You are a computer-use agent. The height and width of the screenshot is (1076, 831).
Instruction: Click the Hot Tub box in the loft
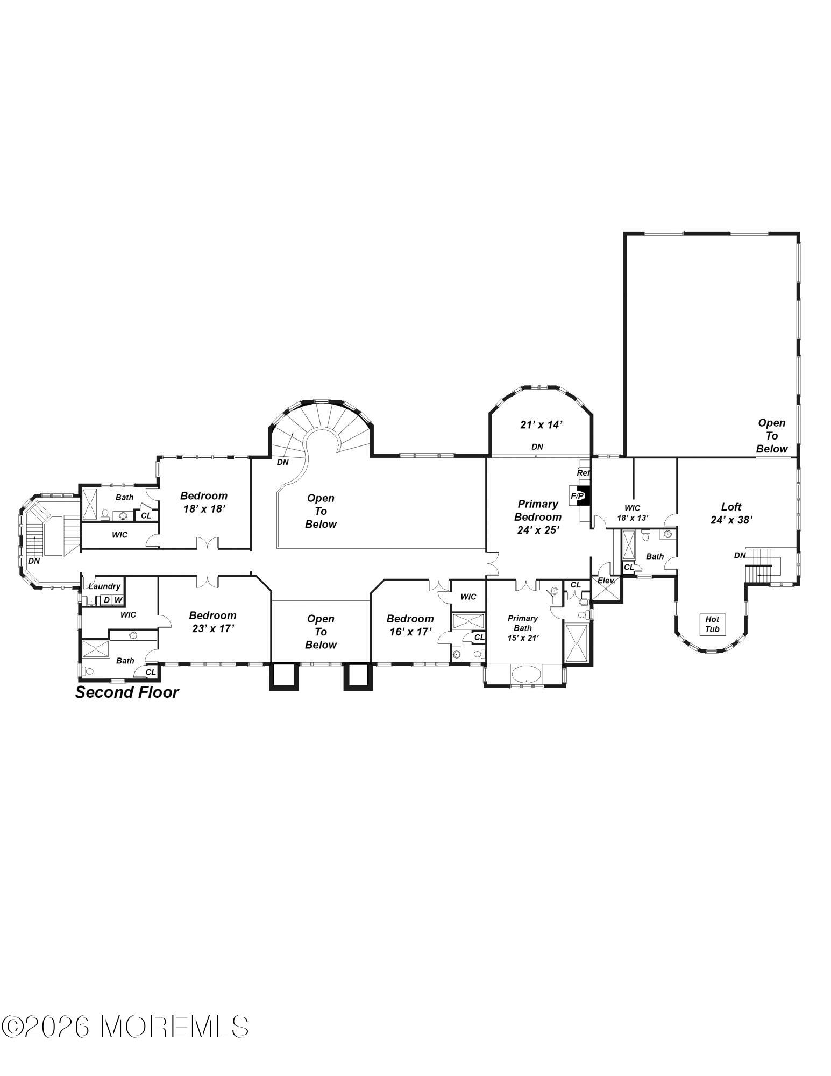(x=712, y=624)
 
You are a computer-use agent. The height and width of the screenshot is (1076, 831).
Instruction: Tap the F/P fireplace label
(x=577, y=495)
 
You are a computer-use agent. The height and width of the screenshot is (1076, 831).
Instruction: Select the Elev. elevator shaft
(x=606, y=587)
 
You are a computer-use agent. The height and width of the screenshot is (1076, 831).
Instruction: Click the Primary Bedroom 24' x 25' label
(x=538, y=516)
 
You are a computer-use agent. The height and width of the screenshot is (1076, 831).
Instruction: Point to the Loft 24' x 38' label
(x=731, y=513)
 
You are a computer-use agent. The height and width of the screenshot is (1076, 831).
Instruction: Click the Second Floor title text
(x=127, y=692)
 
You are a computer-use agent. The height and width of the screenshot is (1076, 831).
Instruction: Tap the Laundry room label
(x=104, y=586)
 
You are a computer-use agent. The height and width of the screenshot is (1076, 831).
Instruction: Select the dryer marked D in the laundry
(x=106, y=599)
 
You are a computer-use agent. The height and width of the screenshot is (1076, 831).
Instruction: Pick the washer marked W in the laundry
(x=118, y=599)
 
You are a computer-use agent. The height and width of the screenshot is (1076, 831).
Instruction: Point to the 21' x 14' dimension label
(x=541, y=424)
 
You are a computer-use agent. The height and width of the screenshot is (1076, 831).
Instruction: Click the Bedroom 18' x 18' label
(x=203, y=502)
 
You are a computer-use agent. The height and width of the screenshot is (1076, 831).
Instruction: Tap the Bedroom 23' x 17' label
(x=212, y=621)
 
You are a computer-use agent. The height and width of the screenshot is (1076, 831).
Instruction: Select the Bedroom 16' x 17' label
(x=410, y=625)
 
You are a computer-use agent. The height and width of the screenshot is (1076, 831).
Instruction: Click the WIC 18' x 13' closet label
(x=633, y=512)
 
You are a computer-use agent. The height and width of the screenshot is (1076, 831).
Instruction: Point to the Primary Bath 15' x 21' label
(x=523, y=628)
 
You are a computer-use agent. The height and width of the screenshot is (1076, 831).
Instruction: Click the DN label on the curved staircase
(x=282, y=462)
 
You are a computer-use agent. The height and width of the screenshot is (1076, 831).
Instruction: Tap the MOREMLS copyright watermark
(x=125, y=1027)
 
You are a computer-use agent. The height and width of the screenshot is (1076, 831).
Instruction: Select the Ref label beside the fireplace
(x=584, y=472)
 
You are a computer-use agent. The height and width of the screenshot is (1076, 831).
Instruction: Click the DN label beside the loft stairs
(x=740, y=555)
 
